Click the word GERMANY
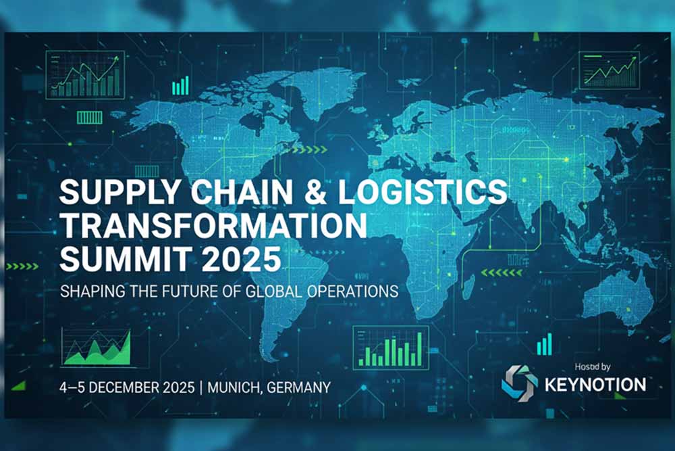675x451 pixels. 299,387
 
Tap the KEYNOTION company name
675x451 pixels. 595,385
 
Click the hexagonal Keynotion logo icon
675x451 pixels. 520,383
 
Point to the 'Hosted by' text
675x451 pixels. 593,367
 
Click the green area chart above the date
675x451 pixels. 97,348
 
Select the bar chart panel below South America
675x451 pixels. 391,348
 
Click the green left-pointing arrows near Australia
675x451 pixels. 502,272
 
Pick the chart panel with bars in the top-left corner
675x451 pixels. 85,75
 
